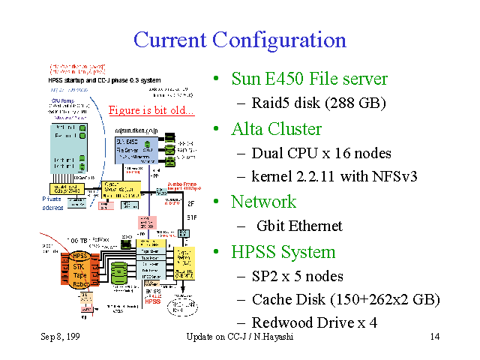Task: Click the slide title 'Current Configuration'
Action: (x=240, y=40)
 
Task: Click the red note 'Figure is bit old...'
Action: (x=151, y=111)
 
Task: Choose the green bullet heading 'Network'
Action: (x=263, y=202)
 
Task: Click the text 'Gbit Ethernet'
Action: (x=299, y=226)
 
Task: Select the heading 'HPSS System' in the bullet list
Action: (x=283, y=251)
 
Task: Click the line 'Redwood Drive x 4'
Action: (x=314, y=323)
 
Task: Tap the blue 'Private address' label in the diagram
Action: (x=52, y=202)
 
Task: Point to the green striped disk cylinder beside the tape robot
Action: (x=118, y=271)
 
